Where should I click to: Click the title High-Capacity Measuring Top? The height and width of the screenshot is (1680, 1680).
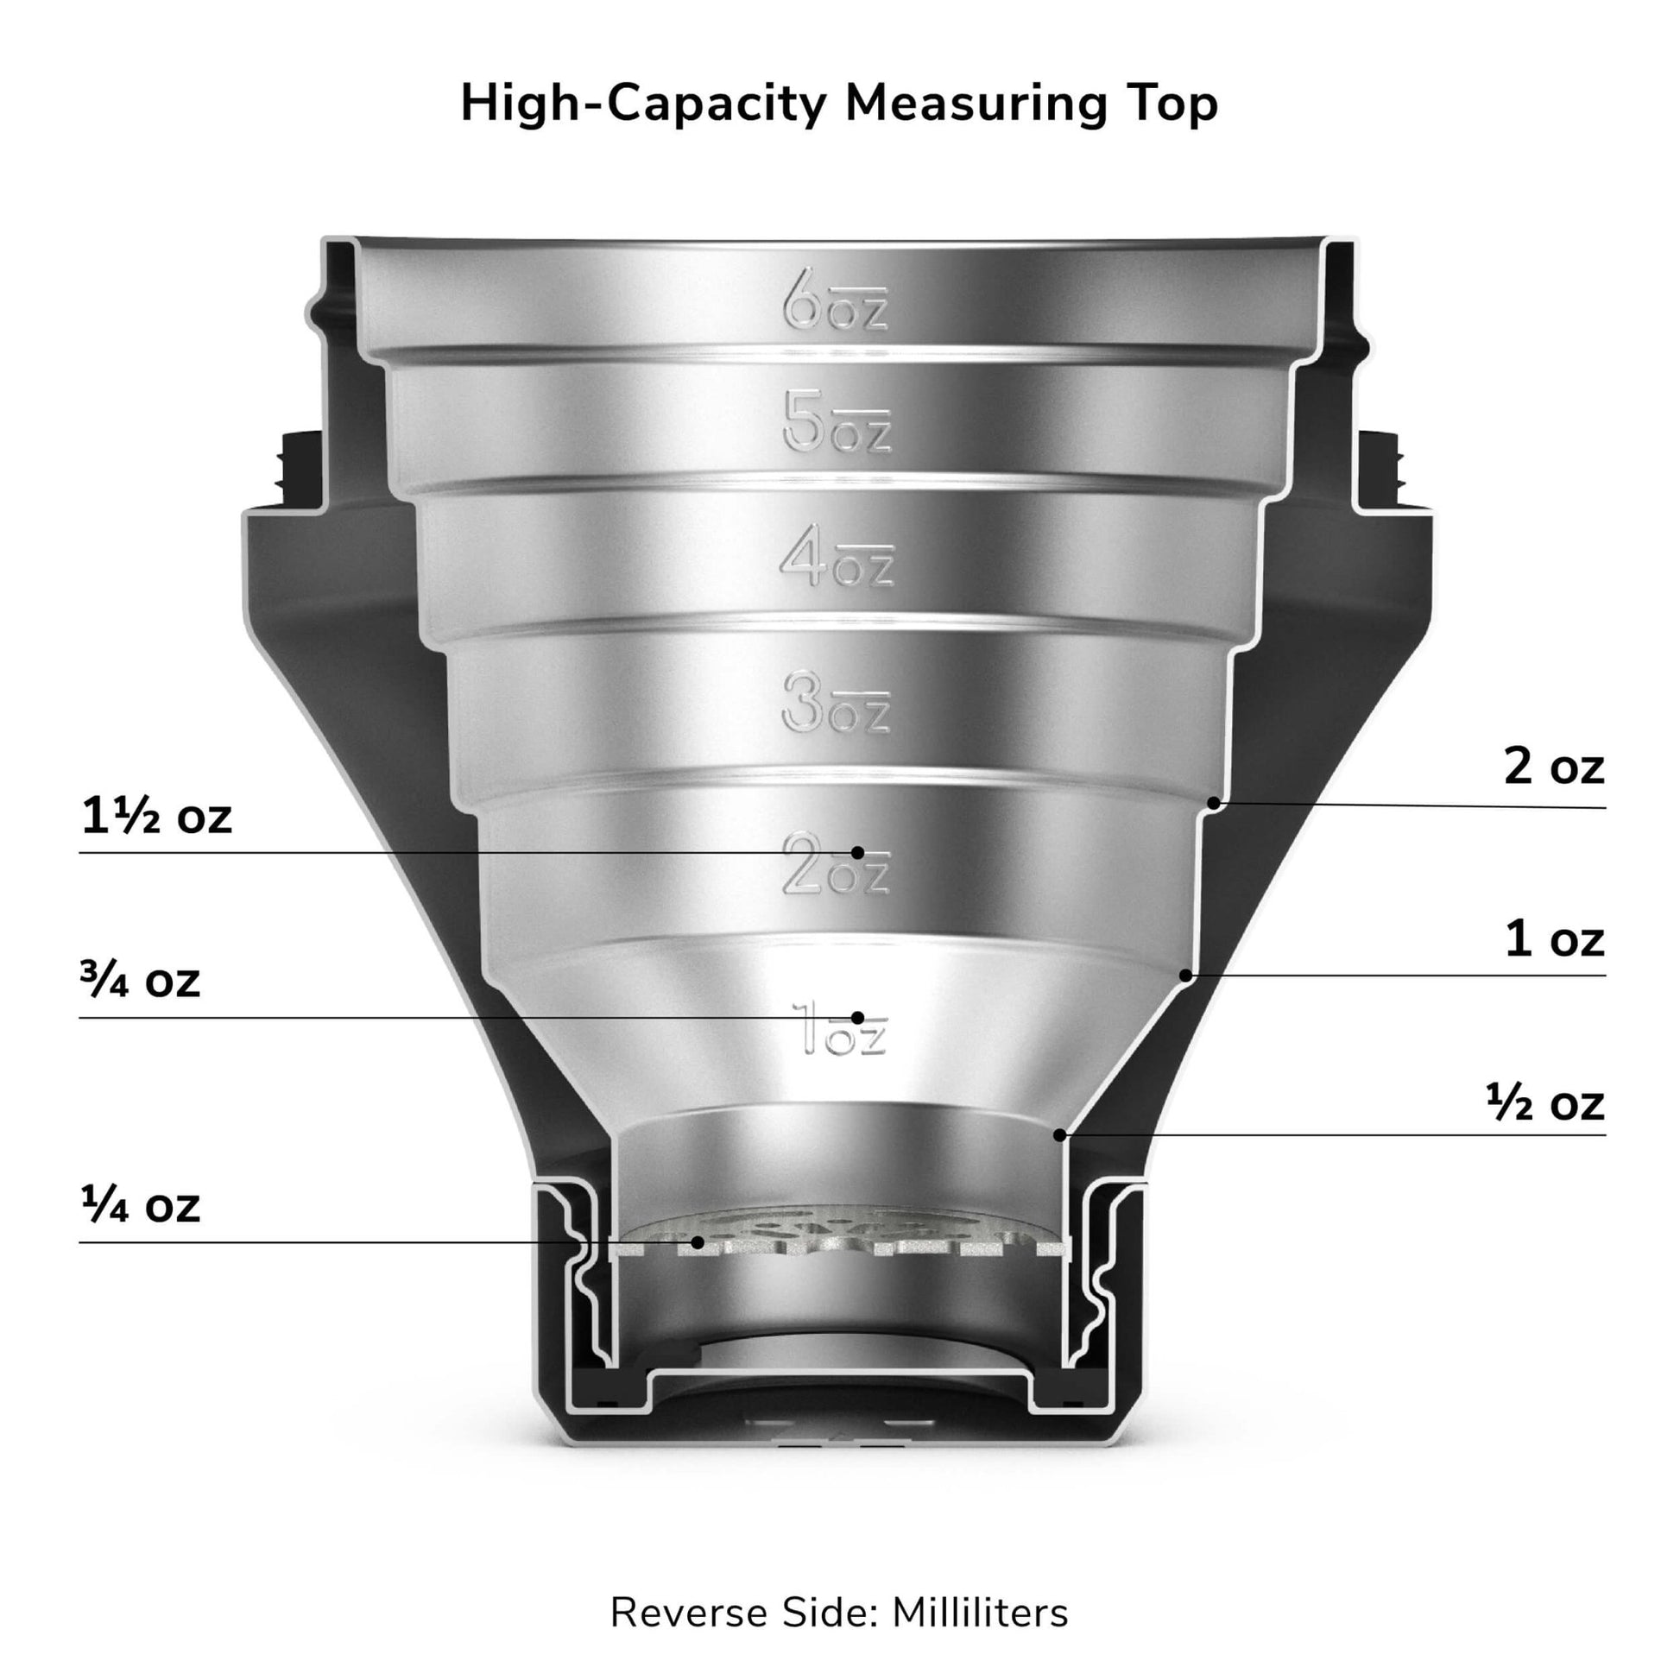click(839, 104)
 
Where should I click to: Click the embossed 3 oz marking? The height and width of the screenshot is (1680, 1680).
click(836, 702)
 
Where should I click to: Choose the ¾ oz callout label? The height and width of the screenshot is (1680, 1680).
click(140, 980)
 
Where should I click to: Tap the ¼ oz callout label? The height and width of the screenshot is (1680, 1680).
click(140, 1205)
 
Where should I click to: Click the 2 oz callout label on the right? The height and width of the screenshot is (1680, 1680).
click(1554, 767)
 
